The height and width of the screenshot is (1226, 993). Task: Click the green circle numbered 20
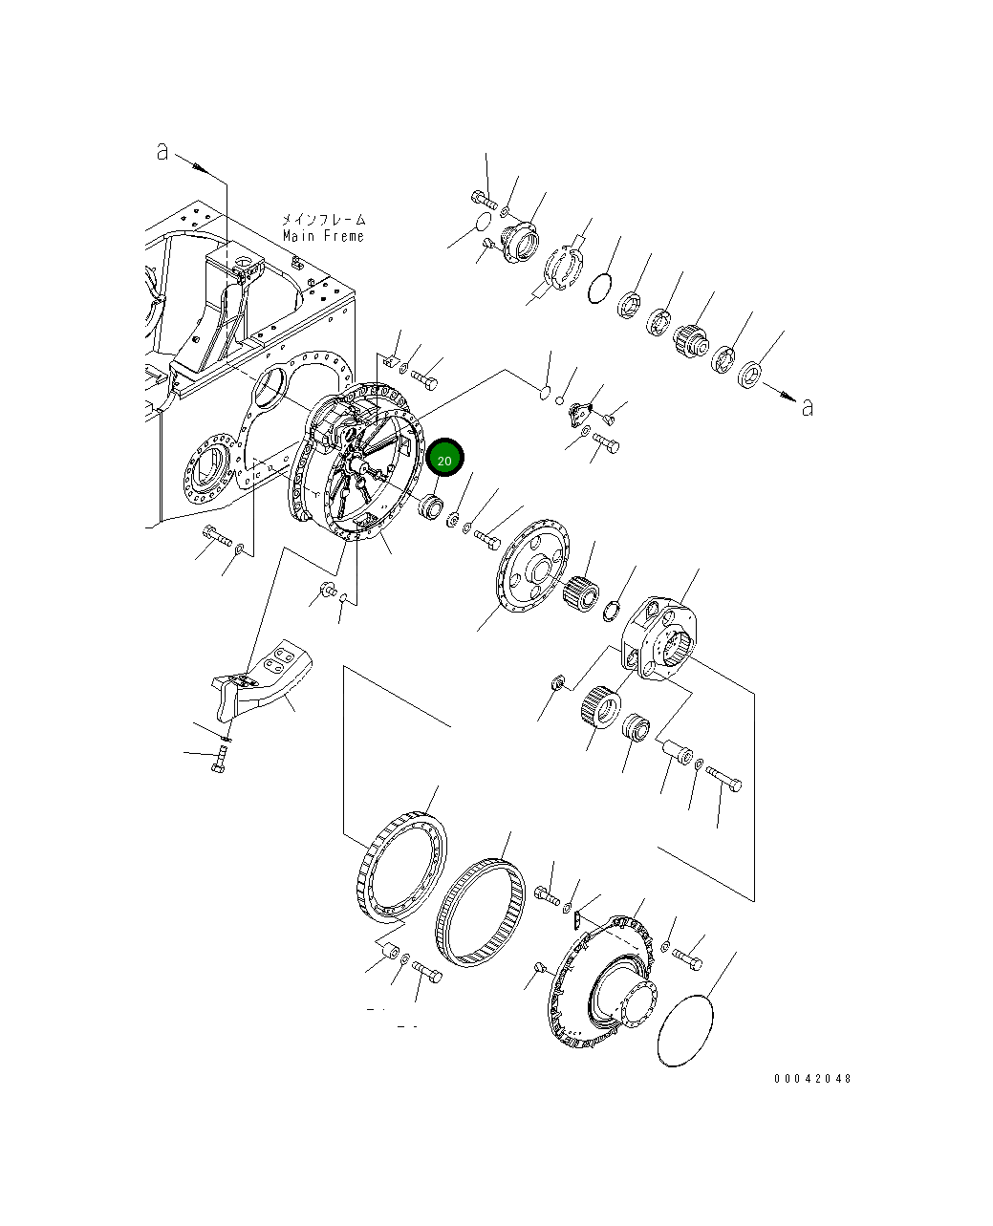point(444,460)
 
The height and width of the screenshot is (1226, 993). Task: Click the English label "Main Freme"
point(323,236)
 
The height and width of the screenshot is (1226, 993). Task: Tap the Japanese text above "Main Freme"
point(323,220)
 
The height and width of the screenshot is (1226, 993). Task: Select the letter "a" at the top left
point(162,151)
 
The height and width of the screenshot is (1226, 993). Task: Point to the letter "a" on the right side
point(808,407)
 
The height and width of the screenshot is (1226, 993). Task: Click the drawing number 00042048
point(811,1078)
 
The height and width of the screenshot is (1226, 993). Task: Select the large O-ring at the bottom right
point(686,1029)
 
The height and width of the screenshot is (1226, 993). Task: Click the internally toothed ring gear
point(480,912)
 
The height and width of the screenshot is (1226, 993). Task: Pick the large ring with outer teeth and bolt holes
point(401,868)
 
